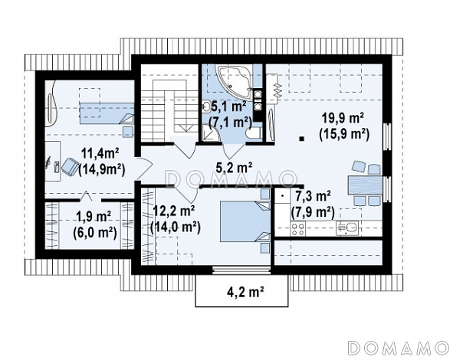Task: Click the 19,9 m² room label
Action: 343,119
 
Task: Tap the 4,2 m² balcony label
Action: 245,292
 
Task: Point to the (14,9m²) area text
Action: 102,170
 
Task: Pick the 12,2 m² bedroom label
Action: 174,211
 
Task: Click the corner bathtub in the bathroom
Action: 235,80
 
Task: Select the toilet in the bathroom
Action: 254,133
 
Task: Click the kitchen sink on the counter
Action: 347,228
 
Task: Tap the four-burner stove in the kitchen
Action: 297,229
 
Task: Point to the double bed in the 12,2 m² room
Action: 245,221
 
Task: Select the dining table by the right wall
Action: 365,185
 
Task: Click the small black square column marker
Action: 301,138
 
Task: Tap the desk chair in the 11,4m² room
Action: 69,166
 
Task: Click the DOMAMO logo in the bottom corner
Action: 399,348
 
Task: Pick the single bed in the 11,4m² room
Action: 107,113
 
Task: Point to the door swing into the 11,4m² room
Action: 145,169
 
